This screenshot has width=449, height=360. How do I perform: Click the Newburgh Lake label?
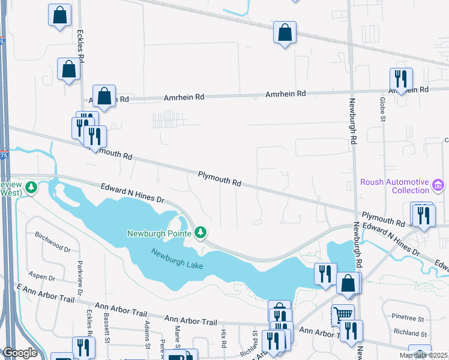pyautogui.click(x=177, y=259)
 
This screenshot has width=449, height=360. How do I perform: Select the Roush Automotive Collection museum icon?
pyautogui.click(x=438, y=186)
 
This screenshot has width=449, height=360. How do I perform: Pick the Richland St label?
pyautogui.click(x=409, y=332)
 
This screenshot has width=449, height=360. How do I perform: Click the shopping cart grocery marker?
pyautogui.click(x=342, y=314)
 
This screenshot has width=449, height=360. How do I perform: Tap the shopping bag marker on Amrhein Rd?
pyautogui.click(x=104, y=96)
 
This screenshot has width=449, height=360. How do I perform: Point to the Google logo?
pyautogui.click(x=20, y=353)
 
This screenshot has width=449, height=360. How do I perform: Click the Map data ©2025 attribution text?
pyautogui.click(x=423, y=355)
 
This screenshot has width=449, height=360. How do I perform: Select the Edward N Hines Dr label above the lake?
pyautogui.click(x=132, y=193)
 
